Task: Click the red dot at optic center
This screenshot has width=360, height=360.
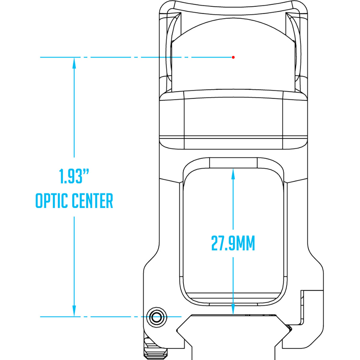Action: (x=233, y=57)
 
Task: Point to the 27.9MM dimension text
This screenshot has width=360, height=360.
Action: (x=233, y=243)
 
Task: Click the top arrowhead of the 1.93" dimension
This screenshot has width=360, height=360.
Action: (x=74, y=62)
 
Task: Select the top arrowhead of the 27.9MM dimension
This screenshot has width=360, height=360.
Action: (x=233, y=172)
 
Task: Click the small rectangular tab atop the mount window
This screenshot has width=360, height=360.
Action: (x=233, y=163)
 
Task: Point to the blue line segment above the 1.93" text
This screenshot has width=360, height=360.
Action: (x=74, y=114)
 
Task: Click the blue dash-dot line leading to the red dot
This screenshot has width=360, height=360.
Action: (x=135, y=57)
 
